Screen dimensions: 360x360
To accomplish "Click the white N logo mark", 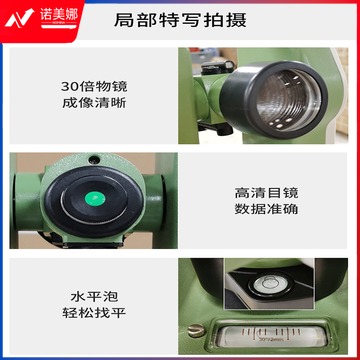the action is click(x=19, y=18).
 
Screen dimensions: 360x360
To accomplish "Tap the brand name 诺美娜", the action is click(x=59, y=15).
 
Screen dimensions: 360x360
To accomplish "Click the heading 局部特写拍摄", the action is click(x=180, y=20).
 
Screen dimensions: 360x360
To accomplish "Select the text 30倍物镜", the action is click(x=94, y=87).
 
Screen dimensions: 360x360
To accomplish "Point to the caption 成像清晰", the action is click(x=94, y=103).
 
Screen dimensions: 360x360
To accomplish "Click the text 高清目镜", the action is click(x=266, y=193).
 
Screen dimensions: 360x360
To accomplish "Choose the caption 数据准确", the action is click(x=266, y=209).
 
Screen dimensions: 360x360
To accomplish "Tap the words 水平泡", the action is click(x=94, y=296).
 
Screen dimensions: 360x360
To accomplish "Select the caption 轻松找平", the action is click(x=94, y=313).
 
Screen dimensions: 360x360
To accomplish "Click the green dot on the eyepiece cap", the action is click(x=95, y=199).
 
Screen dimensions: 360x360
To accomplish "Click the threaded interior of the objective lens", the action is click(x=288, y=100).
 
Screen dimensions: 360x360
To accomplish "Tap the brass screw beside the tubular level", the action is click(x=196, y=330).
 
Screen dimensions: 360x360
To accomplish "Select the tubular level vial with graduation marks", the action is click(x=271, y=336).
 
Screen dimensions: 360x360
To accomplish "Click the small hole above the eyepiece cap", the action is click(x=94, y=159).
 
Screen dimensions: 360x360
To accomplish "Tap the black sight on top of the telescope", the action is click(x=218, y=67).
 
